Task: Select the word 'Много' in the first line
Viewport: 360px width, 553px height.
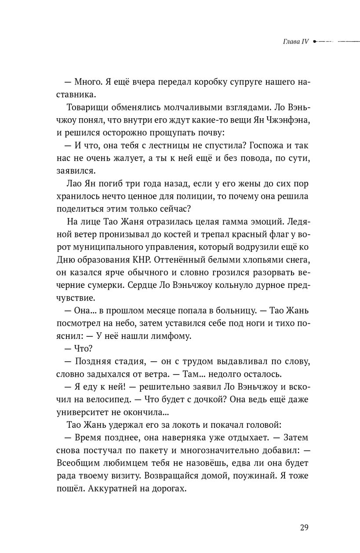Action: pyautogui.click(x=89, y=82)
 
